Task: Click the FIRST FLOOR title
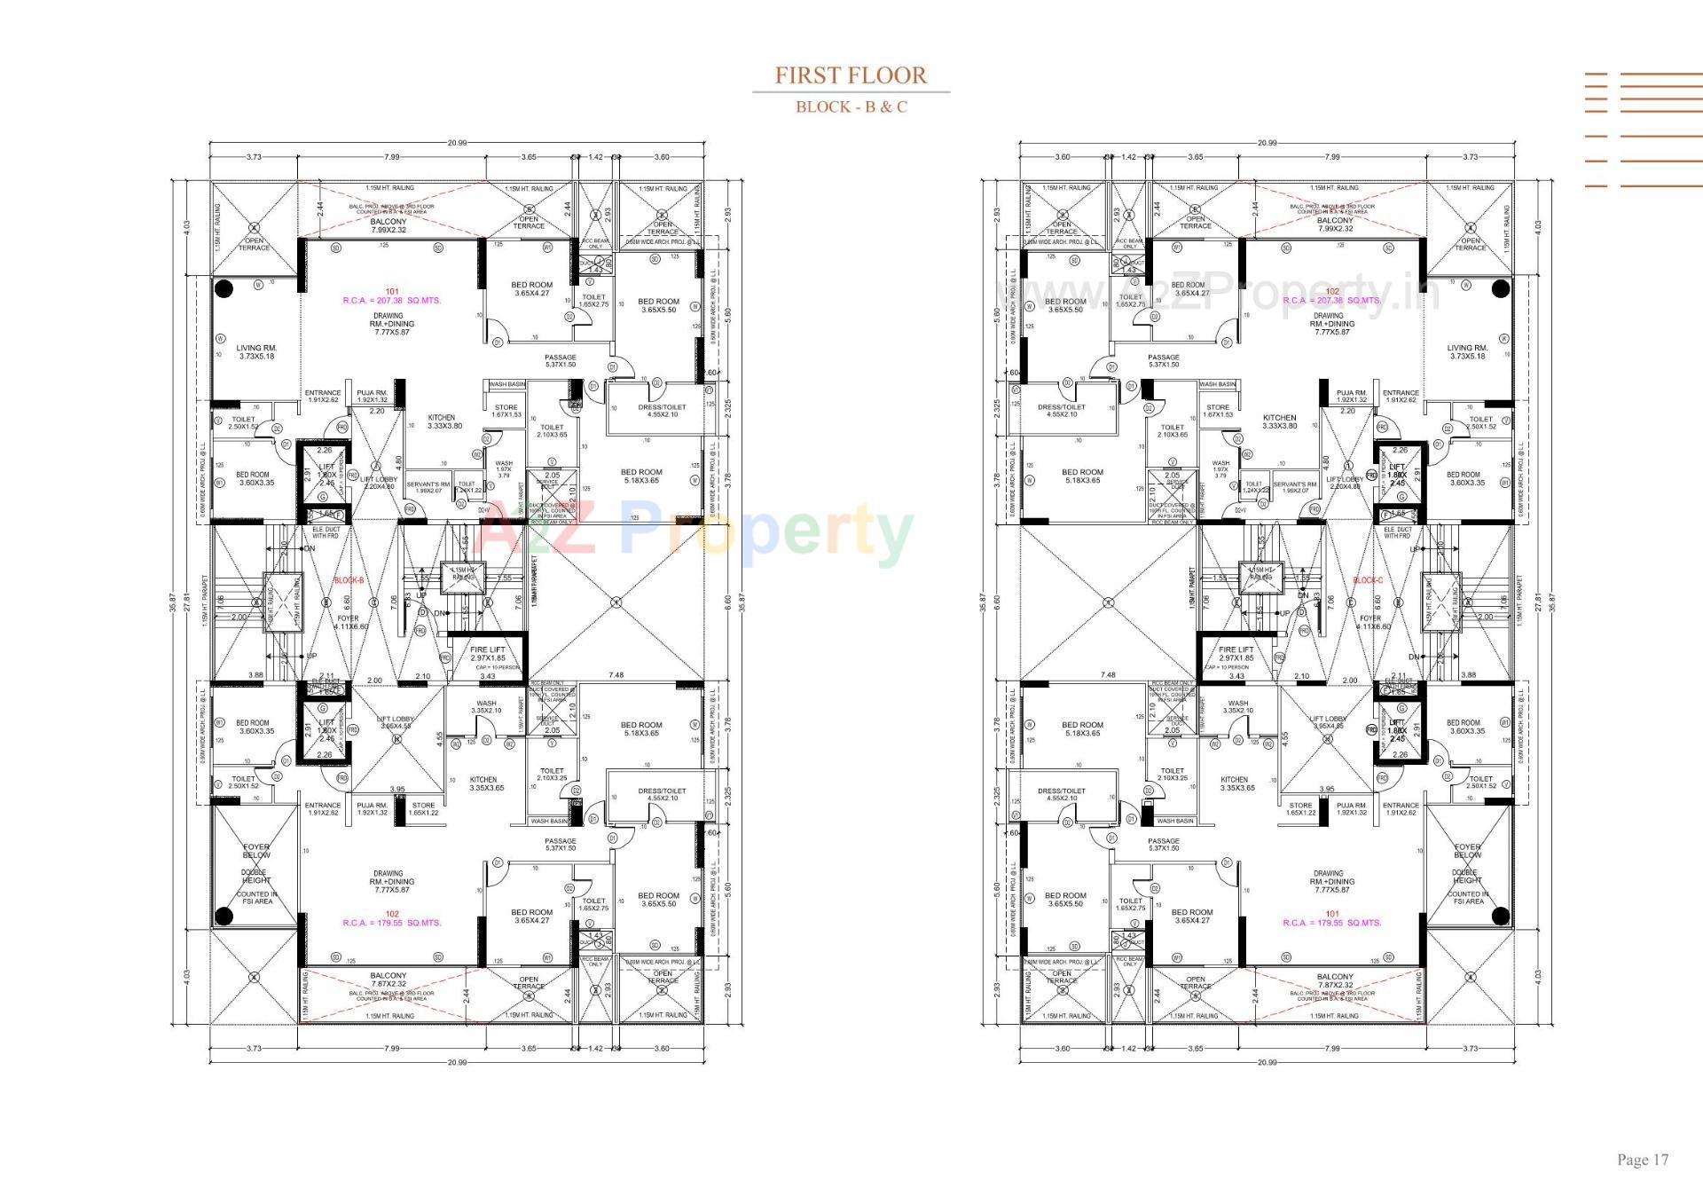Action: [x=851, y=75]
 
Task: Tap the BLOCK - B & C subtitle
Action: [x=851, y=107]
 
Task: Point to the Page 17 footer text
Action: [x=1642, y=1160]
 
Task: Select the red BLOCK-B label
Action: [x=349, y=580]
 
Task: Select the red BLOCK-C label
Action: [x=1367, y=580]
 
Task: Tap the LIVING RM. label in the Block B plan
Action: [x=256, y=352]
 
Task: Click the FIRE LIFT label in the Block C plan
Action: [x=1236, y=654]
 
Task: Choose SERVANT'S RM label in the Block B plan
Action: [x=429, y=487]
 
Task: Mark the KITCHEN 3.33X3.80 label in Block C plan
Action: [x=1279, y=421]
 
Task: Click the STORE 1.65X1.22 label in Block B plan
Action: [x=423, y=809]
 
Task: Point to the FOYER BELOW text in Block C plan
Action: [x=1467, y=851]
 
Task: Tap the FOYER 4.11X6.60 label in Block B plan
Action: [x=349, y=622]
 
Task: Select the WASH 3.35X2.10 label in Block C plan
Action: [x=1238, y=706]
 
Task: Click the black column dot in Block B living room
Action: [x=224, y=288]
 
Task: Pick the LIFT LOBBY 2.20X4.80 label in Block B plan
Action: [x=379, y=483]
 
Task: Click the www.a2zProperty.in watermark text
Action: [x=1215, y=293]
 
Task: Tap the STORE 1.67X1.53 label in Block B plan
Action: [x=506, y=411]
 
